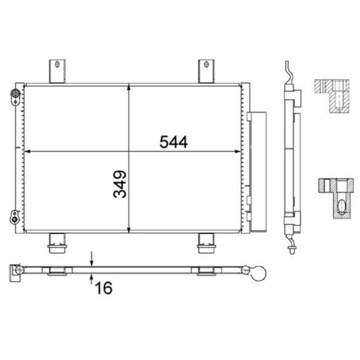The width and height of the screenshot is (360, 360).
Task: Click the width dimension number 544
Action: [x=174, y=142]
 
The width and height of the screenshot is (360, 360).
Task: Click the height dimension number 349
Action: [x=120, y=184]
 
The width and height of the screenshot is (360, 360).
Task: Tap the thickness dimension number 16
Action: [x=104, y=288]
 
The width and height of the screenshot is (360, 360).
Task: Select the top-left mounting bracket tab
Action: [x=57, y=71]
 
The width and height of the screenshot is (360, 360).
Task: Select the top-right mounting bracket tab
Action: [x=206, y=71]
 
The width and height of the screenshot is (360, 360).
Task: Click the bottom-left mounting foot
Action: [x=57, y=243]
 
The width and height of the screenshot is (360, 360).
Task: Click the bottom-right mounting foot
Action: [x=206, y=243]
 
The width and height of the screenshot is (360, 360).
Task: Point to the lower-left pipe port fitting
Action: [x=15, y=217]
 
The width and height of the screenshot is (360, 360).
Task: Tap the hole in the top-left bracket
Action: [x=57, y=64]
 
